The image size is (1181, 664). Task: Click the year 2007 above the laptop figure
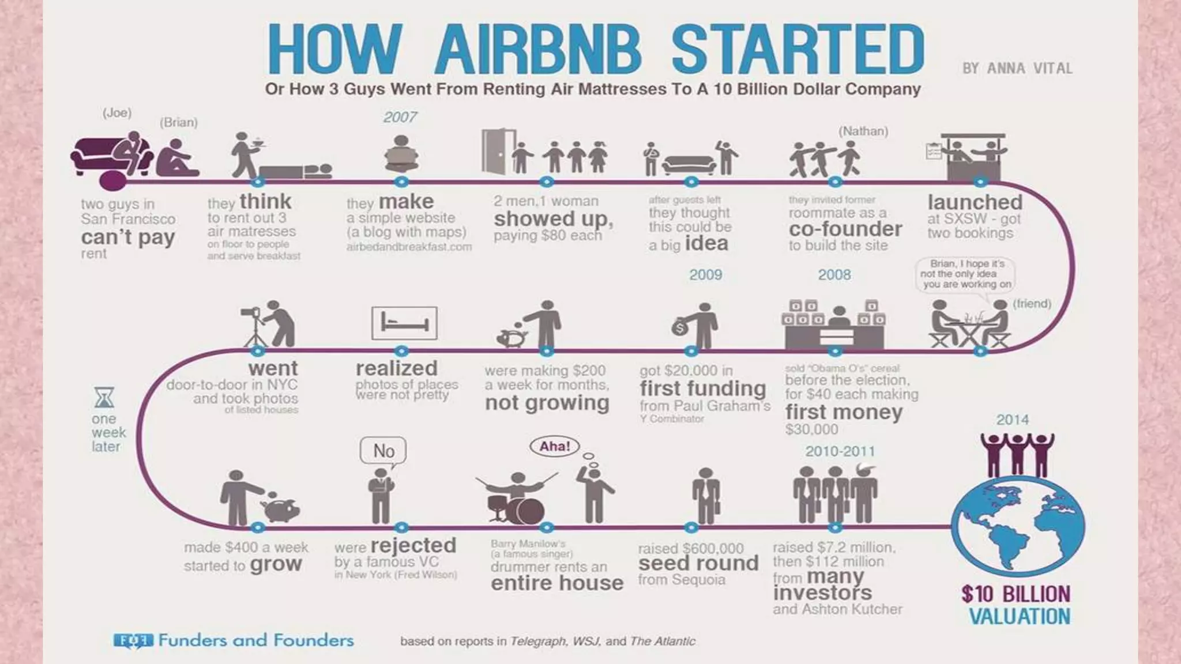[400, 117]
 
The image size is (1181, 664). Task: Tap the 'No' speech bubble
[383, 451]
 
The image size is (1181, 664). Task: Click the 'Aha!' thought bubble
[554, 446]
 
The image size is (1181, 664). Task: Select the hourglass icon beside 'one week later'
[104, 398]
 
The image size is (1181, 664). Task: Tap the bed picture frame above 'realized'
[404, 323]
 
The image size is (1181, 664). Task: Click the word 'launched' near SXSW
[975, 202]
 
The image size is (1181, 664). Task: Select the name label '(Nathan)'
[863, 131]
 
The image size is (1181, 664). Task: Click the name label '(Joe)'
[117, 113]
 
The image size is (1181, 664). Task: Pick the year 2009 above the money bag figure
[705, 275]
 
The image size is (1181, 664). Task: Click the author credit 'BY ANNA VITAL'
[1017, 69]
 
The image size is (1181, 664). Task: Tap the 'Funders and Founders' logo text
[255, 640]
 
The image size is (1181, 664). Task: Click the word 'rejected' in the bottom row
[413, 545]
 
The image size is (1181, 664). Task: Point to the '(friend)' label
[1032, 304]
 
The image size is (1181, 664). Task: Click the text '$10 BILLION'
[1015, 594]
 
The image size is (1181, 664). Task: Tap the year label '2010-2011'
[840, 451]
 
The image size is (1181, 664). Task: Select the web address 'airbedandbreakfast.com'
[409, 247]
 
